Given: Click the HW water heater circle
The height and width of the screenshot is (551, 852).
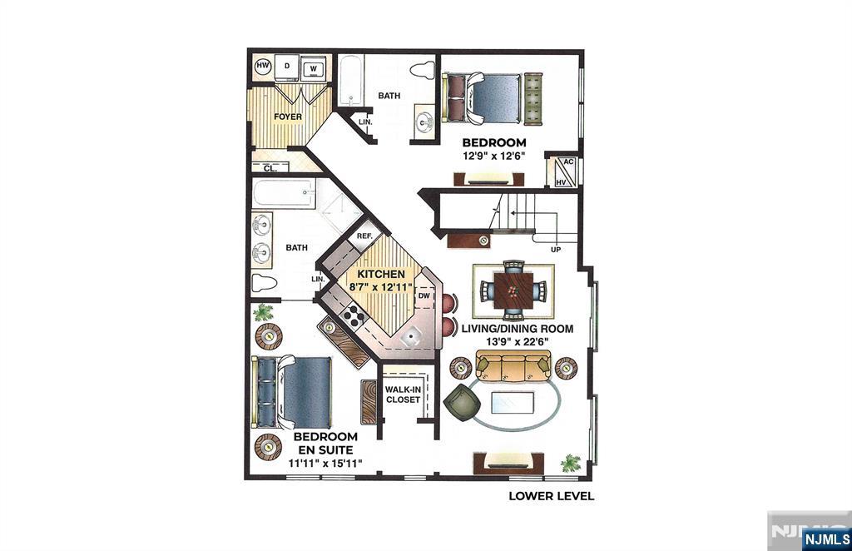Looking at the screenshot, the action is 263,67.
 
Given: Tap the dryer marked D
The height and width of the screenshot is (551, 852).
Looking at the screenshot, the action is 287,67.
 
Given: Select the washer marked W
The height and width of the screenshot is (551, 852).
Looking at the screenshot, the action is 313,68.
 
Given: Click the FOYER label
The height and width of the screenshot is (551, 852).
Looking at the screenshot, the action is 288,117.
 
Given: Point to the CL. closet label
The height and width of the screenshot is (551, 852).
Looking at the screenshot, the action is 270,168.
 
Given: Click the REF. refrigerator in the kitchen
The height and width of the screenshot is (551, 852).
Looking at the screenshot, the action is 364,236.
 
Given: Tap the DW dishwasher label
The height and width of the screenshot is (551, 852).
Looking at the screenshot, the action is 424,296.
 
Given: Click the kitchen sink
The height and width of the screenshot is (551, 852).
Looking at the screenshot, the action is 413,336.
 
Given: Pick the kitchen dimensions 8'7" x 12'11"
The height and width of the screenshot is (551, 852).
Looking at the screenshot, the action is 380,287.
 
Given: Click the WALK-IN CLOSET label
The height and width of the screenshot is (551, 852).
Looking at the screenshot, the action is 403,395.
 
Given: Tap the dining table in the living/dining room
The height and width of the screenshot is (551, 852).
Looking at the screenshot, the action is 513,290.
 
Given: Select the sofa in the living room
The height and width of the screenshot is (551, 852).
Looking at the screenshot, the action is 513,366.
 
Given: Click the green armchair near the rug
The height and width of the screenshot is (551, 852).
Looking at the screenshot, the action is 463,402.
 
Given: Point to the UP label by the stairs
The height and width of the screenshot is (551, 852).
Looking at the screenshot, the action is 556,250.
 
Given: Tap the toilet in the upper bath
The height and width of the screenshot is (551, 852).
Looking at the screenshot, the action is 422,70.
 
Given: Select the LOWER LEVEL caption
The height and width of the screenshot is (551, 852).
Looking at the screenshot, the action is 552,496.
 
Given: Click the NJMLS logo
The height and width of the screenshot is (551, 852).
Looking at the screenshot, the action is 826,539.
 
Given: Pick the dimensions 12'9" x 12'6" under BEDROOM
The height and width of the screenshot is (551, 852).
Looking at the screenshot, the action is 494,156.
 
